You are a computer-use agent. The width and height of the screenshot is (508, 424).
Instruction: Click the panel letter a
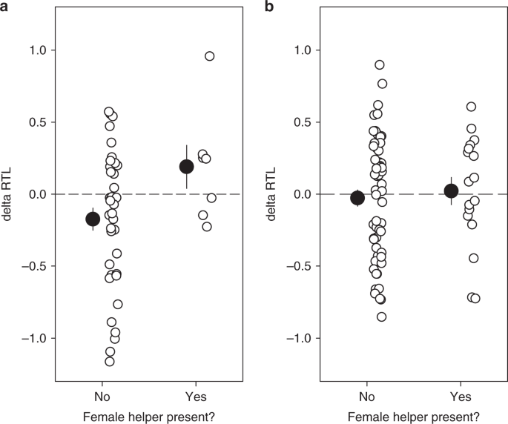5,8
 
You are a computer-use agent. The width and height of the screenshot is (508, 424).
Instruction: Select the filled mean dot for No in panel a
93,219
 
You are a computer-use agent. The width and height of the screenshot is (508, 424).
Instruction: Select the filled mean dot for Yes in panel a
187,167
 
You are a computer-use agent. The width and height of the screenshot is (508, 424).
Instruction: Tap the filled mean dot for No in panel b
357,198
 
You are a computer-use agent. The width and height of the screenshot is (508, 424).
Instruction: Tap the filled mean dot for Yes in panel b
451,191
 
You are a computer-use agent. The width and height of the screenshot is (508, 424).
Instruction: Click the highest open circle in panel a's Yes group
210,56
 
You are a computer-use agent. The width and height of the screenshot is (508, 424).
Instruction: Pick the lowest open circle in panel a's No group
110,362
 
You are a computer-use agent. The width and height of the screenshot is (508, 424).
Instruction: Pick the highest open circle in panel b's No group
380,65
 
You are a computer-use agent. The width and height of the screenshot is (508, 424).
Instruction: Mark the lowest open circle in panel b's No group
381,317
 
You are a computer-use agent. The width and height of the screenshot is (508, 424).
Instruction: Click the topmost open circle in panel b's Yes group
471,107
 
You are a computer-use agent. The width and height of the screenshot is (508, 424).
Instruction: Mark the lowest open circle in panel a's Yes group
207,227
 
